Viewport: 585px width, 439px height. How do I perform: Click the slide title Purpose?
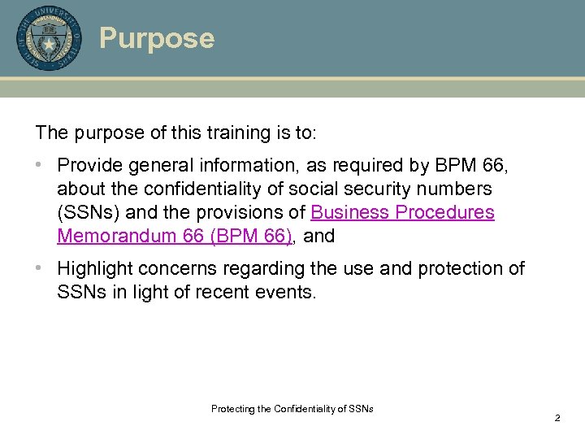(157, 38)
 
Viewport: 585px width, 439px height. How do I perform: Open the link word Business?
(349, 213)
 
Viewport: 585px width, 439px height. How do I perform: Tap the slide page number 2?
(557, 418)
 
